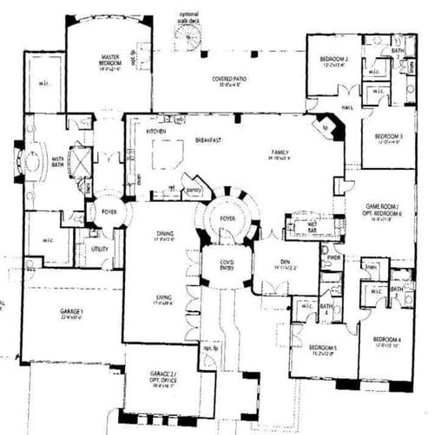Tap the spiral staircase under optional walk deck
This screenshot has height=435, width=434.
click(x=188, y=36)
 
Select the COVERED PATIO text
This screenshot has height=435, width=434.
click(x=228, y=79)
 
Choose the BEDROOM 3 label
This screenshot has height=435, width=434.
click(x=389, y=137)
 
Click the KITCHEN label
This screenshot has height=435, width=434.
click(x=156, y=131)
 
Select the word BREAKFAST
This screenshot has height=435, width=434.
click(x=206, y=139)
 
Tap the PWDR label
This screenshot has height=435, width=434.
click(x=333, y=257)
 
